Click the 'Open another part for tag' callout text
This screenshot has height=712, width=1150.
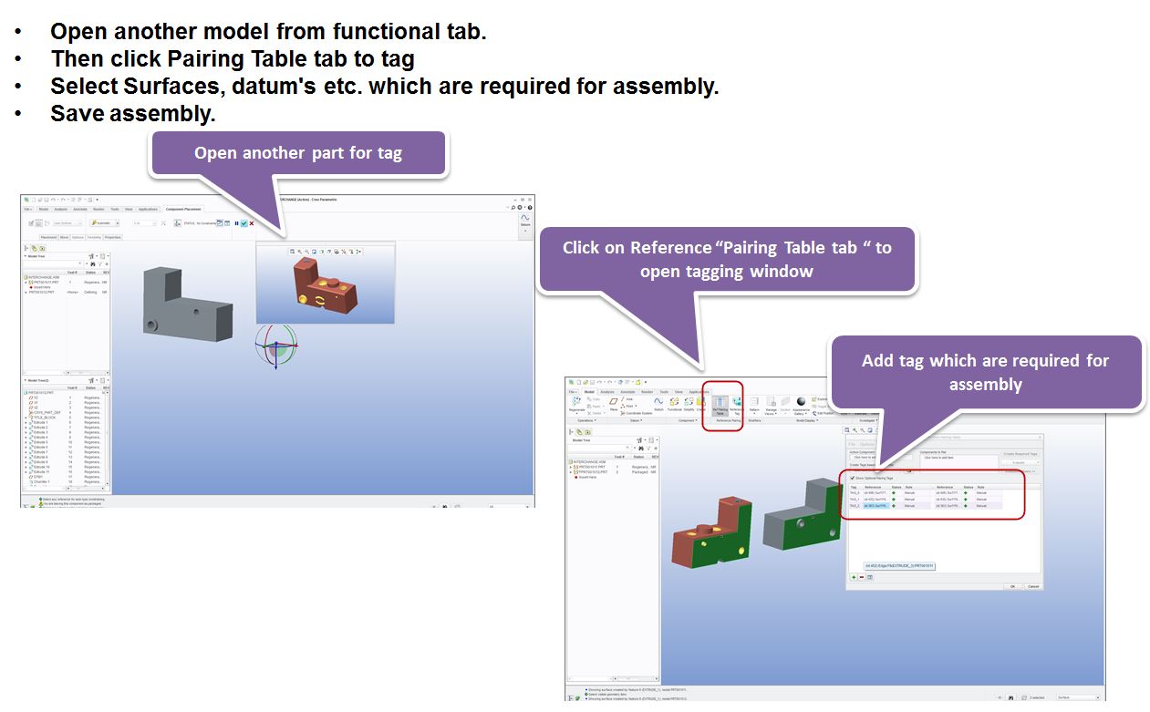pos(297,152)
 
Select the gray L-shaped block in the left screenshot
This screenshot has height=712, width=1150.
pos(181,301)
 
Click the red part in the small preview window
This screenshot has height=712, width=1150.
pos(324,283)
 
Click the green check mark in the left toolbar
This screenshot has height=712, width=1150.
pos(243,223)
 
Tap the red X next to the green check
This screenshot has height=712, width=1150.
pos(252,223)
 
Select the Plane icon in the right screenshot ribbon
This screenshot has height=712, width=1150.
pos(614,402)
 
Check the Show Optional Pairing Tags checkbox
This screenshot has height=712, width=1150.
pos(853,478)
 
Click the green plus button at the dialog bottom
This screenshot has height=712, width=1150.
pos(854,577)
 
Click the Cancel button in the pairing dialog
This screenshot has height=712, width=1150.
pos(1032,586)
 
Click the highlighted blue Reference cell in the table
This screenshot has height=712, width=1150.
pos(875,506)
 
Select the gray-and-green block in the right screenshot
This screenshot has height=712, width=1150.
pos(803,515)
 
